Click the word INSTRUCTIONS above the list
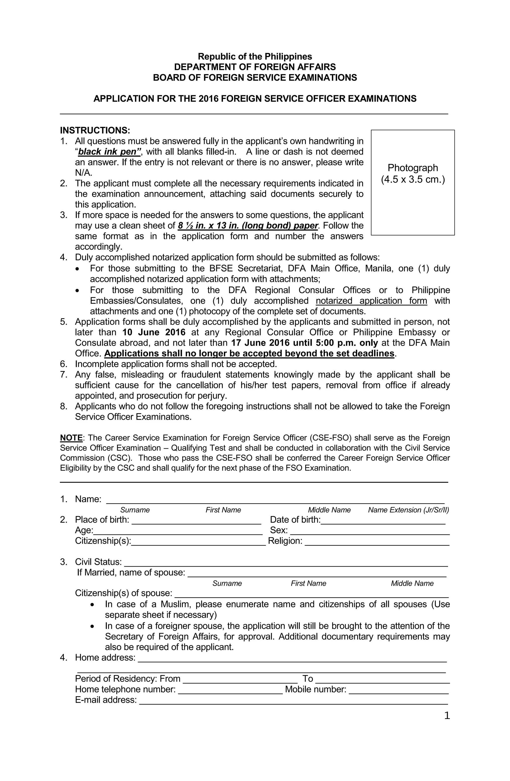[x=95, y=130]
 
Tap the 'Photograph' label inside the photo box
[x=412, y=168]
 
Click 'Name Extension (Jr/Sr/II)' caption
[x=408, y=510]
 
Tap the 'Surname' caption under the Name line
[x=135, y=510]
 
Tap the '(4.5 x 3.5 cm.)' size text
[x=412, y=180]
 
